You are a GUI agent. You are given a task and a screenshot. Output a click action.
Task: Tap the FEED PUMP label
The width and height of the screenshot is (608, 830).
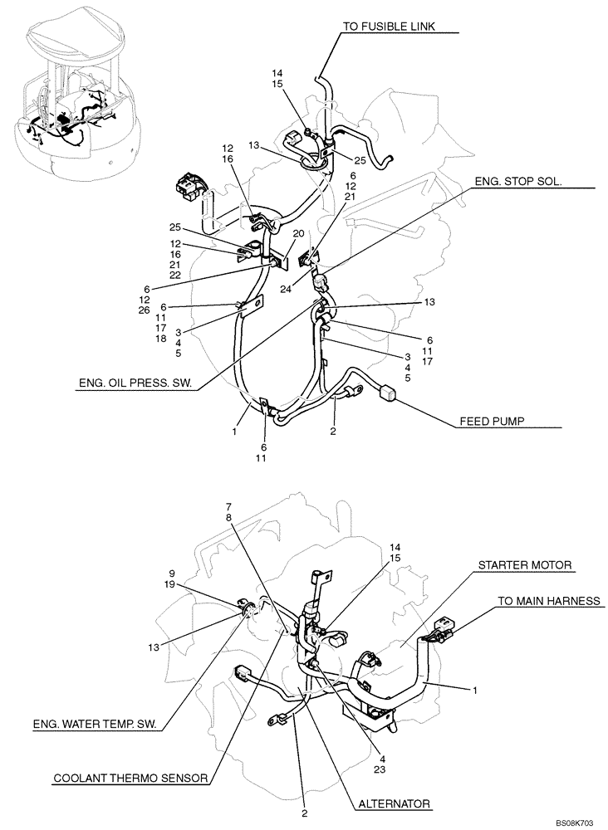pos(495,422)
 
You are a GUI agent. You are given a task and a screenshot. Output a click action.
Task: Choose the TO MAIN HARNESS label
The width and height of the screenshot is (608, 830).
pos(548,599)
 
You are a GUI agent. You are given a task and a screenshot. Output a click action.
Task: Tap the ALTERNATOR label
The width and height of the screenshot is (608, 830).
pos(395,803)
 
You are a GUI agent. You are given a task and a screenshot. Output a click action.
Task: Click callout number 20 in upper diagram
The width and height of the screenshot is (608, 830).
pos(297,234)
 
